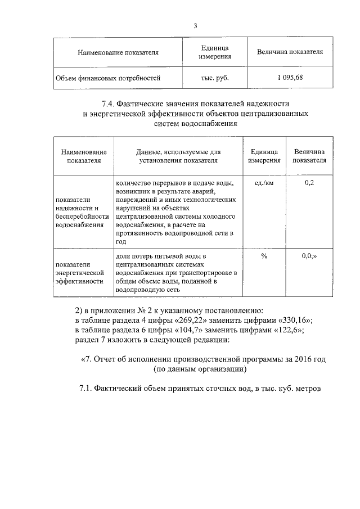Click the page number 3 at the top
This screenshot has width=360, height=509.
(x=195, y=26)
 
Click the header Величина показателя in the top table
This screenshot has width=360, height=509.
(x=290, y=52)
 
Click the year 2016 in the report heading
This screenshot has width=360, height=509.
(x=299, y=358)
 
